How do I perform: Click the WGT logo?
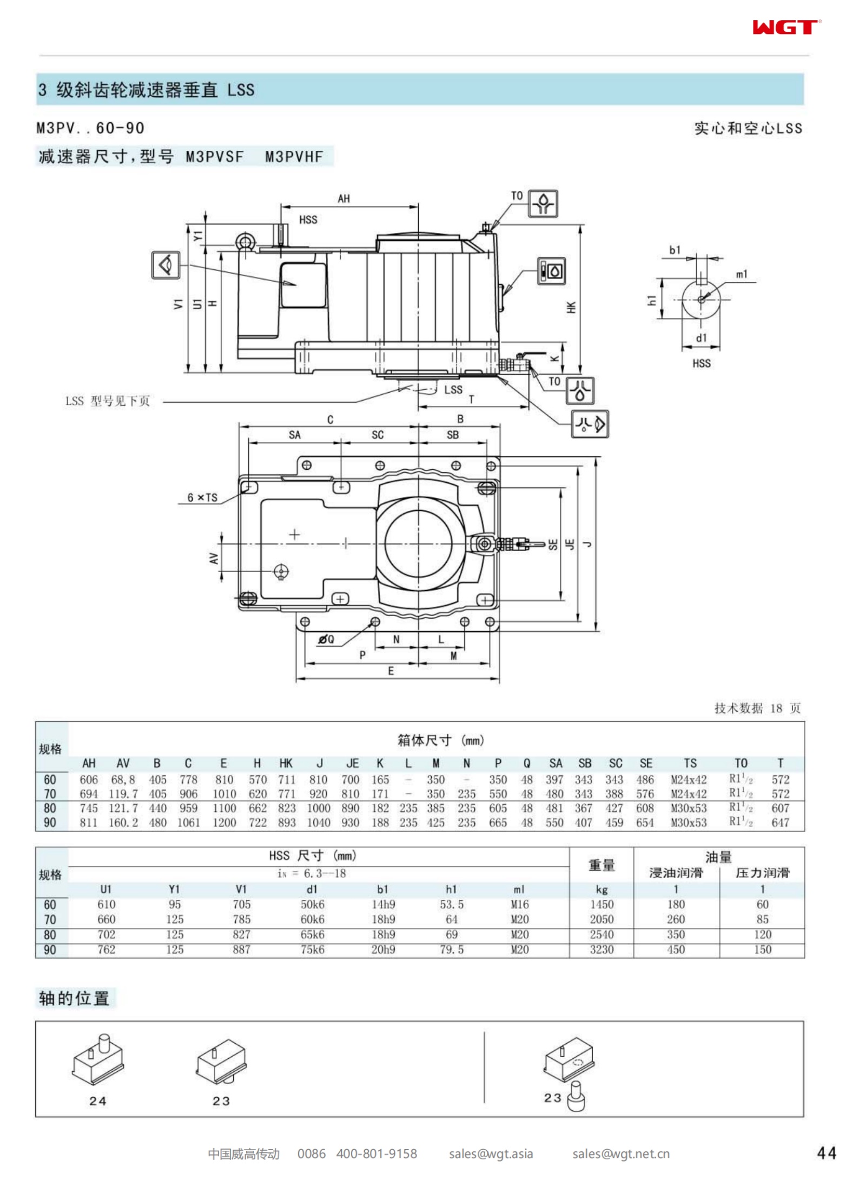786,26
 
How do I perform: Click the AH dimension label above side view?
344,198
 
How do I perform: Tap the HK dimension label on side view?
571,307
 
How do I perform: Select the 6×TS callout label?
202,497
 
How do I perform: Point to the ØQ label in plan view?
326,639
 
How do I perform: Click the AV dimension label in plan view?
214,558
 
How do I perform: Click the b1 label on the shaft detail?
675,250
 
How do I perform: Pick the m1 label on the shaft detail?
742,274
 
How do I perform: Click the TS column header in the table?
690,763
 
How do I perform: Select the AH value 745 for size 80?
89,808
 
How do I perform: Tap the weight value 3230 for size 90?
602,950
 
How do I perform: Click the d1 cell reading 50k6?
313,904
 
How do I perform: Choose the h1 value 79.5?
452,950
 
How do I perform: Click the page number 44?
826,1153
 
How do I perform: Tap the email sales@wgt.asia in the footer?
491,1154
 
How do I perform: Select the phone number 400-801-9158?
376,1154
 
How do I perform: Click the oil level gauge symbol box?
551,270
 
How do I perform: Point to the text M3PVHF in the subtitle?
294,157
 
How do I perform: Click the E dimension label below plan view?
391,671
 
